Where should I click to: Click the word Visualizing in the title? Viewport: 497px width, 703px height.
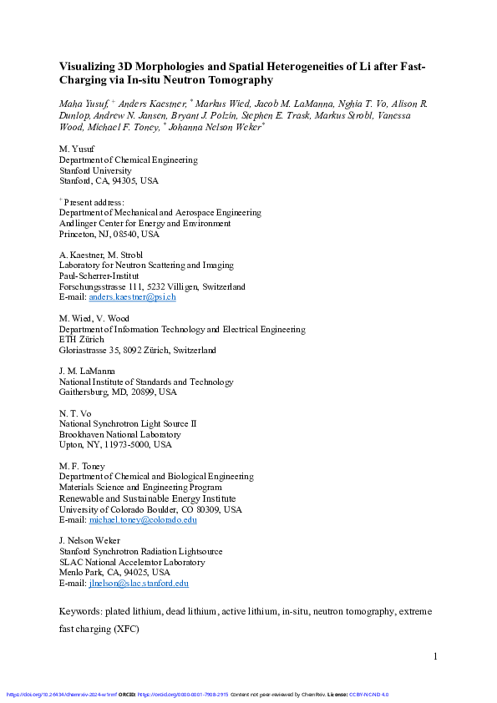pyautogui.click(x=88, y=66)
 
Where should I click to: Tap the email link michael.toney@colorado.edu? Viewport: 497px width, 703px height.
pyautogui.click(x=143, y=519)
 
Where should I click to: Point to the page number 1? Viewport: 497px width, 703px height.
pyautogui.click(x=435, y=657)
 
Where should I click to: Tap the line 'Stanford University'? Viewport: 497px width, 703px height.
pyautogui.click(x=95, y=169)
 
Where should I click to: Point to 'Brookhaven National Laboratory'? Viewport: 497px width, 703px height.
pyautogui.click(x=119, y=434)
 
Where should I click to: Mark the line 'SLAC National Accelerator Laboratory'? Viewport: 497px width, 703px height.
pyautogui.click(x=131, y=562)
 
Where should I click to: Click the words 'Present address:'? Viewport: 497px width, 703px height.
pyautogui.click(x=94, y=202)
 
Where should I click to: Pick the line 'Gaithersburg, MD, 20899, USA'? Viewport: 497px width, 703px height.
pyautogui.click(x=118, y=392)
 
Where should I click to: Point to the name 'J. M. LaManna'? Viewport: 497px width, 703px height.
pyautogui.click(x=87, y=371)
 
